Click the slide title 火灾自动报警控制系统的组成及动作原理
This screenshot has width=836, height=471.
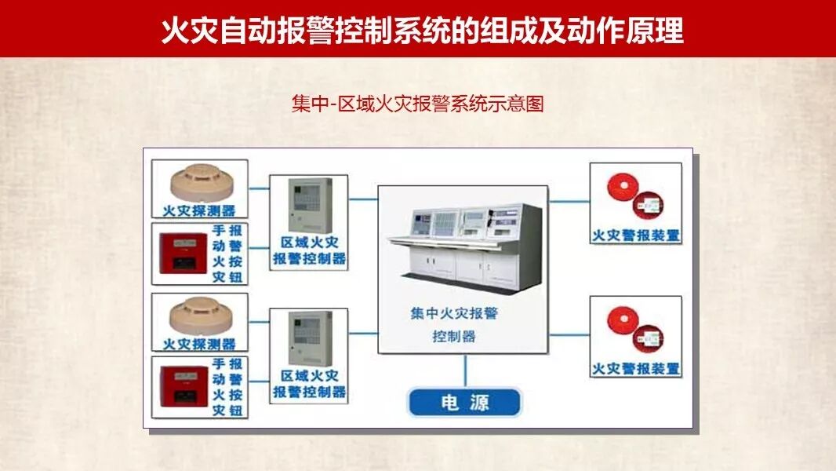point(422,31)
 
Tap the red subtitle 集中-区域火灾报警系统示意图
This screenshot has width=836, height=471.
point(417,104)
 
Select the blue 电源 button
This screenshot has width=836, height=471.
point(465,403)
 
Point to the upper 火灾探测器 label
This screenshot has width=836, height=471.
point(199,210)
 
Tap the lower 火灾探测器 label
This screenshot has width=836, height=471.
point(199,344)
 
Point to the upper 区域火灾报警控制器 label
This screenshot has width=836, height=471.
point(310,251)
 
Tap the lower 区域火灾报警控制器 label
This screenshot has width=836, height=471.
point(310,384)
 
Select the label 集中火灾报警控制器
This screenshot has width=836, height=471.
point(454,324)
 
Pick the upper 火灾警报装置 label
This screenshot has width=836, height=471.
point(635,235)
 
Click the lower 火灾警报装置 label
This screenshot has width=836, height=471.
point(635,368)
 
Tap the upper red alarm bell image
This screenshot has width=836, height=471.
point(635,196)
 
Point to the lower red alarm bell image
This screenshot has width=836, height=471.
point(635,330)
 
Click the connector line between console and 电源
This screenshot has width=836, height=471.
point(465,371)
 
